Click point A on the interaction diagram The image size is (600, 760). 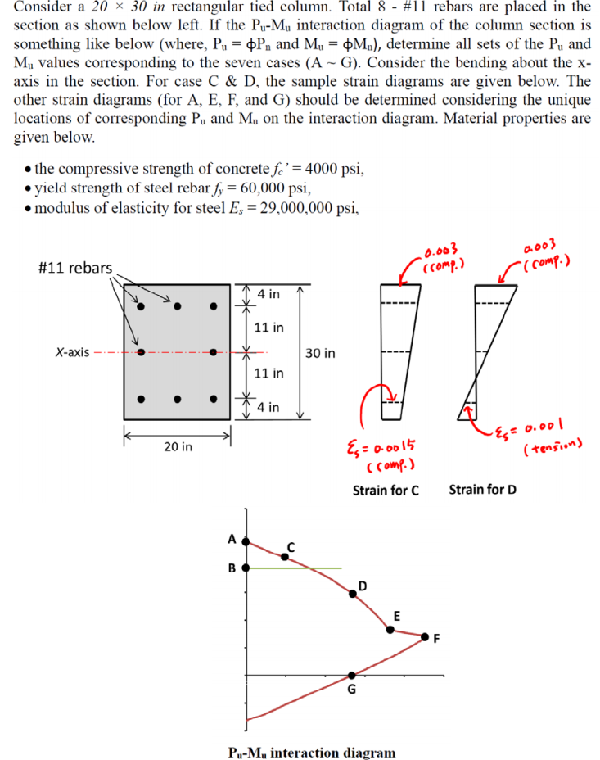coord(246,542)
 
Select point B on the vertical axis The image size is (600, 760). coord(246,568)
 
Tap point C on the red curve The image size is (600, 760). coord(285,557)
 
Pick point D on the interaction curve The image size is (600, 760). coord(353,597)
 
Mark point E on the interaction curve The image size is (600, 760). coord(390,630)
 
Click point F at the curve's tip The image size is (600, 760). coord(425,636)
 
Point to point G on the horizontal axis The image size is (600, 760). coord(352,676)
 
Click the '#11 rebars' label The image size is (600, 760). coord(74,268)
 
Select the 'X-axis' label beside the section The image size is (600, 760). coord(72,353)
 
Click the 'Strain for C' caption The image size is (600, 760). coord(386,491)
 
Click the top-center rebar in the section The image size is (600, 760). coord(177,307)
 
